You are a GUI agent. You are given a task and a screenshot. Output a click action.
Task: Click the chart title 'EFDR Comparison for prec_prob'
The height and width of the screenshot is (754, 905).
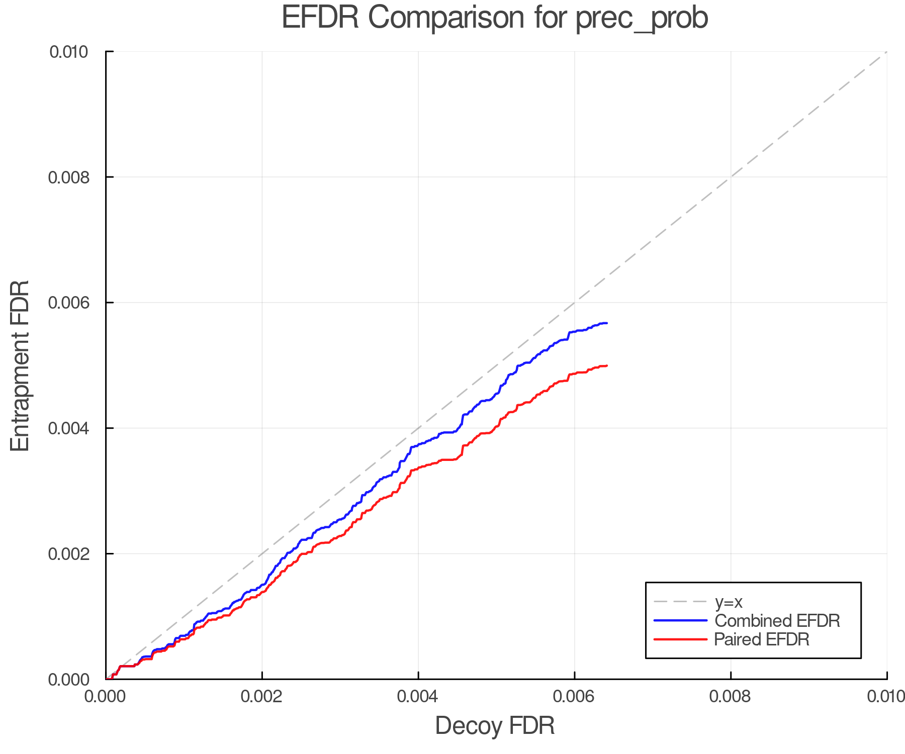[x=495, y=18]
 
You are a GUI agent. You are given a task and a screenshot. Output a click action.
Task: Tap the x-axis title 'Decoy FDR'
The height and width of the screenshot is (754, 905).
[x=495, y=726]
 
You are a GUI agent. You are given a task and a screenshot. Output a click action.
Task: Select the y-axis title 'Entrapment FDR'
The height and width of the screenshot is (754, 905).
[x=20, y=365]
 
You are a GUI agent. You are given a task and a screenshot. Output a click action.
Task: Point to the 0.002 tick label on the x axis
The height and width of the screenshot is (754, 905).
[x=262, y=697]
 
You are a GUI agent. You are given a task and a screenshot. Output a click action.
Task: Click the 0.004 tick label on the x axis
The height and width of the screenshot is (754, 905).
[x=418, y=697]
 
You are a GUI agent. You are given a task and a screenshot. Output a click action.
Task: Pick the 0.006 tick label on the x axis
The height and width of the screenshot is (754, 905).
[x=574, y=697]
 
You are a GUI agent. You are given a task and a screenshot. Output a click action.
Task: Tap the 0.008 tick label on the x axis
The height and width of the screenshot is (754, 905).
[x=731, y=697]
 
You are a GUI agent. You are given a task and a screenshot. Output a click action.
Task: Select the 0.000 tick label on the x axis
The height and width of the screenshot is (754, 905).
[x=106, y=697]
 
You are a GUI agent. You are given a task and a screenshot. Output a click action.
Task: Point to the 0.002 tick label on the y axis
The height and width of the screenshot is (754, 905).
[x=69, y=554]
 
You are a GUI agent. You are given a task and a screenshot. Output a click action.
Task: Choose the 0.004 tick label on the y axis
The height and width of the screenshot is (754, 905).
[x=69, y=428]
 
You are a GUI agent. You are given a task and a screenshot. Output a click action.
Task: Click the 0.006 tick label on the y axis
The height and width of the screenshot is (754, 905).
[x=69, y=303]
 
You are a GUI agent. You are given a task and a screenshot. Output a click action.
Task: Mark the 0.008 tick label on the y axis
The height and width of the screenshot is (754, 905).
[x=69, y=177]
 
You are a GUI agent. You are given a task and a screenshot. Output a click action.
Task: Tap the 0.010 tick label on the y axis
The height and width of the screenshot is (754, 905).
[x=69, y=52]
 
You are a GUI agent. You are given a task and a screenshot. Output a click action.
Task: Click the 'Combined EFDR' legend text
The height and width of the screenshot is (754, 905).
[x=777, y=621]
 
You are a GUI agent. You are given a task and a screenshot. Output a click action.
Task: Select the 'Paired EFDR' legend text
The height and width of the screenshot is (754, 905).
[x=762, y=639]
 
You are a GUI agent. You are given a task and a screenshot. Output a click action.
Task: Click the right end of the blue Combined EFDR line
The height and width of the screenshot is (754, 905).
[x=607, y=323]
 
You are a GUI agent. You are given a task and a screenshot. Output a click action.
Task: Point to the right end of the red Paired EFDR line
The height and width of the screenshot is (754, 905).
[x=607, y=365]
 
